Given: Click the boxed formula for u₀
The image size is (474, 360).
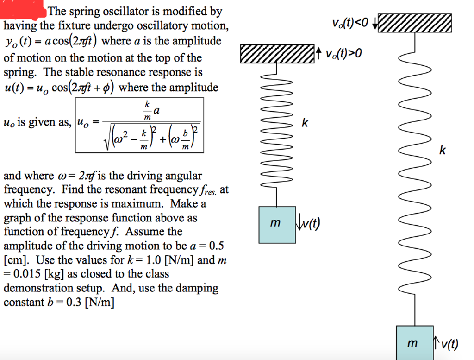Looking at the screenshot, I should (139, 125).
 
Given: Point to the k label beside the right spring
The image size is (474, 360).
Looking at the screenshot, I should (443, 150).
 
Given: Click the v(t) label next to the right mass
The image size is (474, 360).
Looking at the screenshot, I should (449, 343).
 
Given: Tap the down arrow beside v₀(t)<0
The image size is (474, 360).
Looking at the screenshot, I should (374, 22).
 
